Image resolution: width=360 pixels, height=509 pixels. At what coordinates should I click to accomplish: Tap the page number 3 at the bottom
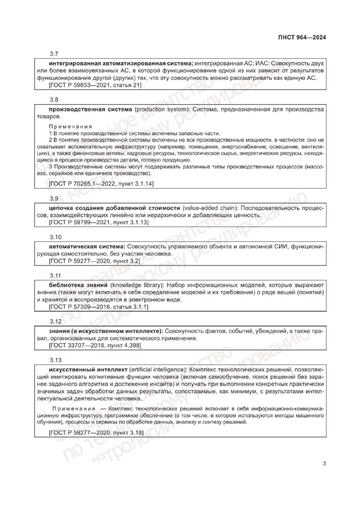coord(324,463)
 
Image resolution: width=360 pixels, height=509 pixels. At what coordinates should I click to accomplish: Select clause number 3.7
coord(54,55)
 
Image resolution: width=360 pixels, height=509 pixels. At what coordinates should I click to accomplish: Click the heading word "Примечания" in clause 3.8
coord(66,126)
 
